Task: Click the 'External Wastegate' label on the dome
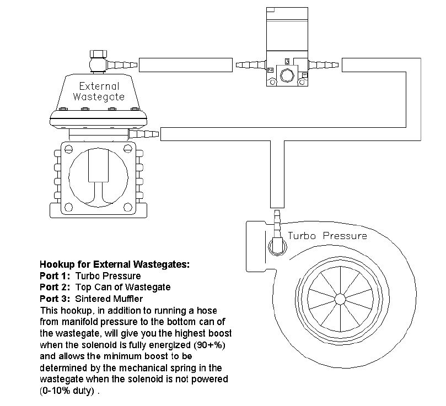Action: (99, 91)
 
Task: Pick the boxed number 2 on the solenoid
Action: (270, 71)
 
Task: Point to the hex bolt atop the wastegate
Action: (98, 56)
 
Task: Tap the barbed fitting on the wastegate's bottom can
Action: (144, 133)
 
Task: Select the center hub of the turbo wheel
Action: (338, 299)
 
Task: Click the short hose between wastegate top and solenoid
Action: (185, 64)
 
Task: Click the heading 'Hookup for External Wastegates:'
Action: (115, 264)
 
